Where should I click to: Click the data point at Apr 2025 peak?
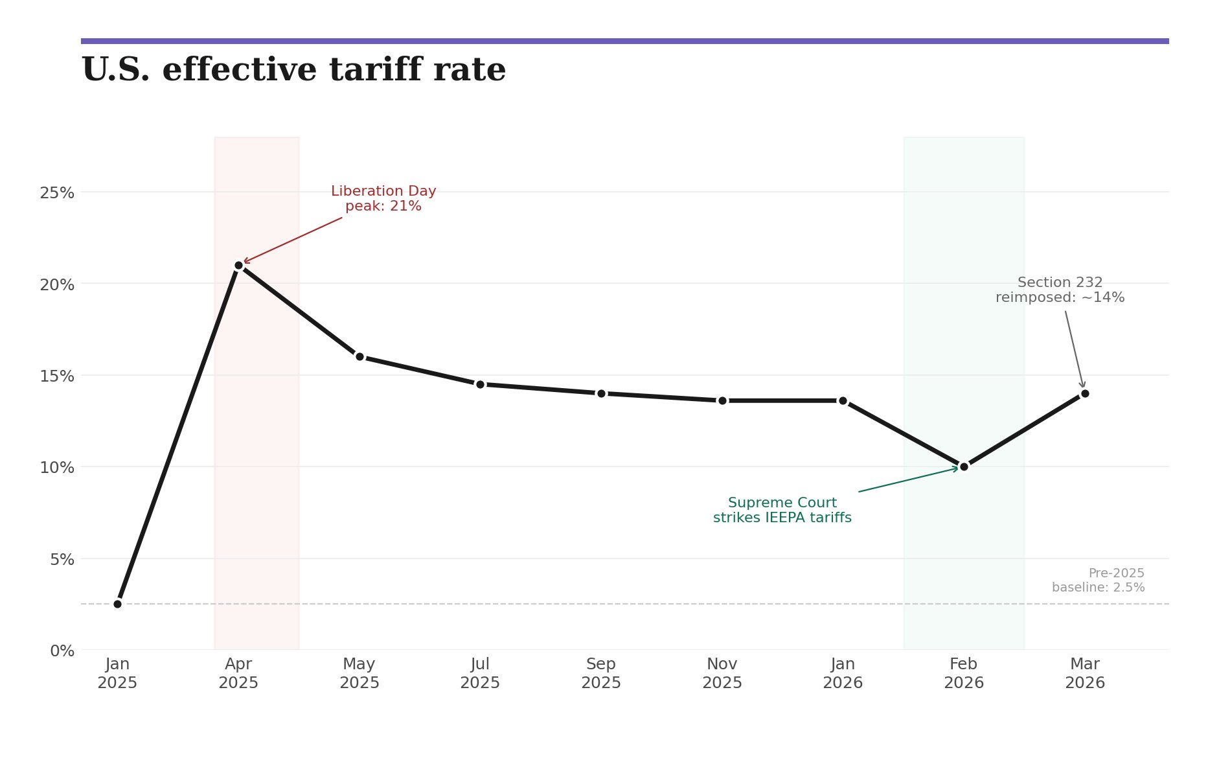coord(238,265)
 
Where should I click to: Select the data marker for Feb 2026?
coord(964,466)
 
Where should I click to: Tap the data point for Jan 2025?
coord(117,604)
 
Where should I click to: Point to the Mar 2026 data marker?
coord(1085,393)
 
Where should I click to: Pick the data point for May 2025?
coord(359,356)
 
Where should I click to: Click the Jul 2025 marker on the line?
coord(480,384)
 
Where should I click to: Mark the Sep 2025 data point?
coord(601,393)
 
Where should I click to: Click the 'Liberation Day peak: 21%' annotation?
coord(383,199)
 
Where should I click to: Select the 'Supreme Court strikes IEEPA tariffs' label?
coord(782,511)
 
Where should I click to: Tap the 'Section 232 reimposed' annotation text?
coord(1060,290)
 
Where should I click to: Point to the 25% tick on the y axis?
coord(57,193)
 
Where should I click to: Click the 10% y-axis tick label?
coord(57,467)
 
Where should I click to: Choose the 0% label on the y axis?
coord(62,651)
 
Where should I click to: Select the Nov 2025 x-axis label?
coord(722,674)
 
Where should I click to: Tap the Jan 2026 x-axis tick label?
coord(843,674)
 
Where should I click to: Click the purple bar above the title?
coord(624,41)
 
